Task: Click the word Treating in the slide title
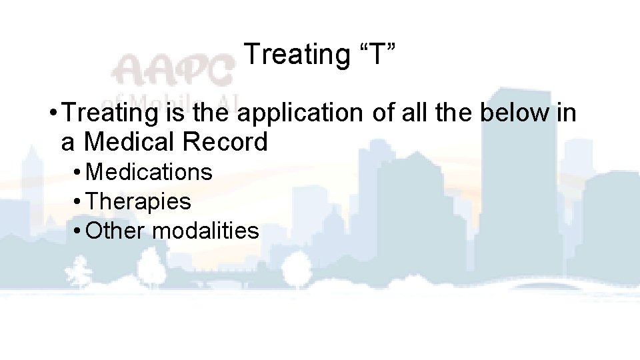[293, 55]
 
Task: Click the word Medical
[131, 142]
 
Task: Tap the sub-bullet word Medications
[149, 172]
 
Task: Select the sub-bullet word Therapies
[139, 201]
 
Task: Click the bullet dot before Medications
[78, 173]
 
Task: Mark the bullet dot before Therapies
[78, 202]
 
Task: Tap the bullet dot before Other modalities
[78, 231]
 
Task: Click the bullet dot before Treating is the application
[53, 114]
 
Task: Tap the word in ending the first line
[566, 113]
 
